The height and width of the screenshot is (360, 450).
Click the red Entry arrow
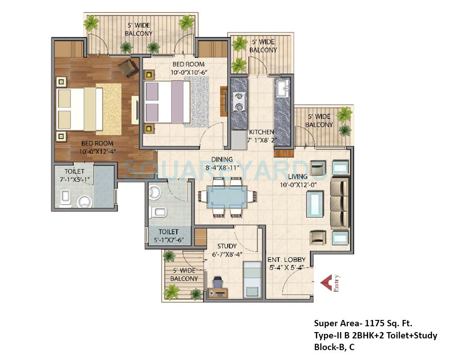pyautogui.click(x=327, y=283)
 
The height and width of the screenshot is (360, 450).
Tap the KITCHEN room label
pyautogui.click(x=261, y=132)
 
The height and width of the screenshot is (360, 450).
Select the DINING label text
pyautogui.click(x=222, y=159)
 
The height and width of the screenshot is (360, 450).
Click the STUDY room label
pyautogui.click(x=227, y=246)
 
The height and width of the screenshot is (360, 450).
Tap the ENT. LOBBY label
pyautogui.click(x=286, y=260)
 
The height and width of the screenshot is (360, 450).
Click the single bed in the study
pyautogui.click(x=251, y=280)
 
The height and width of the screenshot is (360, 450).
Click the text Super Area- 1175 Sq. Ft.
pyautogui.click(x=363, y=323)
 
